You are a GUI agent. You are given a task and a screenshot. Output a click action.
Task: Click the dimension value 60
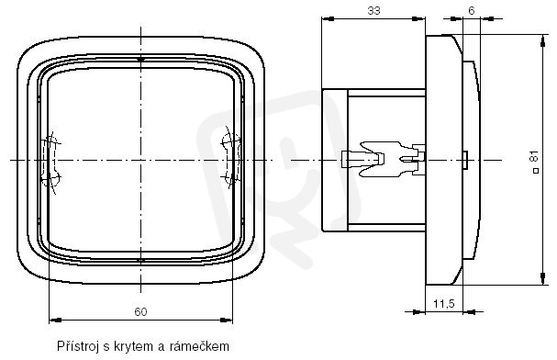[140, 311]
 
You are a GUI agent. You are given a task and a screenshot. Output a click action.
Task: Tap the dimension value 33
[373, 11]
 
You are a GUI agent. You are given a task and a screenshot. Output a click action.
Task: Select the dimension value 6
[472, 11]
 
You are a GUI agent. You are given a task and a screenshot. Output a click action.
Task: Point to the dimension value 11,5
[444, 304]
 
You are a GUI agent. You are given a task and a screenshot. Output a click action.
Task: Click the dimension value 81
[534, 157]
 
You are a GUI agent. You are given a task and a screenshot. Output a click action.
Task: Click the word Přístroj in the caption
[78, 346]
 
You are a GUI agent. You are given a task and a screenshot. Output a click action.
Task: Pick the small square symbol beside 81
[536, 171]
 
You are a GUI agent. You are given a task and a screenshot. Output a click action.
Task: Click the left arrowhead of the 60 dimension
[55, 321]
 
